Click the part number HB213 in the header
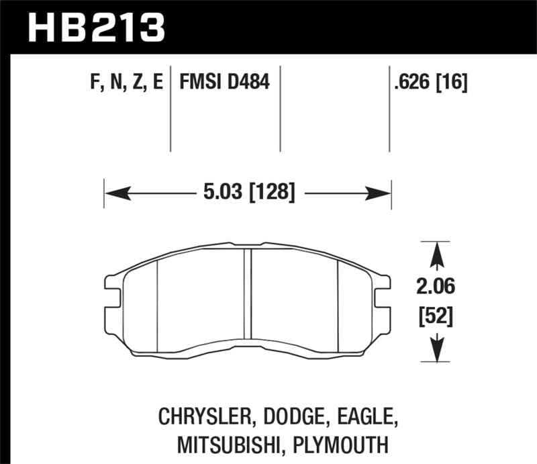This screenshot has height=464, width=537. click(x=95, y=26)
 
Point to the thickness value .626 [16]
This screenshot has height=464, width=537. click(x=432, y=83)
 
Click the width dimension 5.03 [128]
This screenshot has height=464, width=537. click(x=248, y=193)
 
